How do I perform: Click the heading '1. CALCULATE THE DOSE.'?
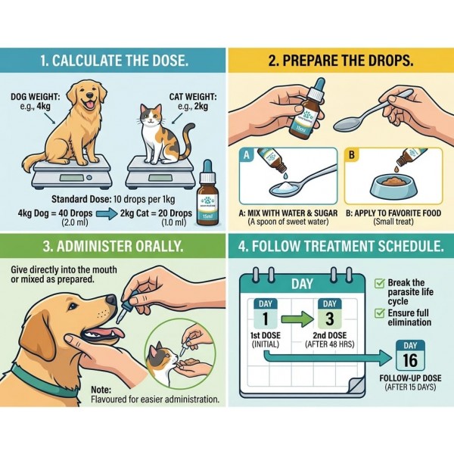pyautogui.click(x=113, y=59)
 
